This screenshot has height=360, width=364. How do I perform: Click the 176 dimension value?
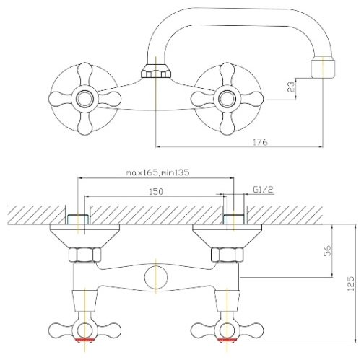(260, 142)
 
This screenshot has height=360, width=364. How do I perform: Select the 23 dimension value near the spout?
(291, 87)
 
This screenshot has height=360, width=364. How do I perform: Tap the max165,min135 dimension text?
(158, 172)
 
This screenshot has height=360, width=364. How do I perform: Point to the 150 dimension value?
(156, 192)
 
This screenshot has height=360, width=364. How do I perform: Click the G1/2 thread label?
(264, 190)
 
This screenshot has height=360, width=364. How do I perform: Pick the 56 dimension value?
(328, 250)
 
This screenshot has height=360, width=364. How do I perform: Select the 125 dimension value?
(351, 284)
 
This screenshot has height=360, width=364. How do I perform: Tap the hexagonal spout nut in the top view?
(156, 71)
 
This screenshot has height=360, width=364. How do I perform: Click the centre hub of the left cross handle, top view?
(85, 99)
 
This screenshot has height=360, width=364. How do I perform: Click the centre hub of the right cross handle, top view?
(227, 99)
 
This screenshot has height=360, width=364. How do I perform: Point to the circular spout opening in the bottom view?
(156, 278)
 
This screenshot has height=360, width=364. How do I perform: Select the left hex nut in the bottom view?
(84, 255)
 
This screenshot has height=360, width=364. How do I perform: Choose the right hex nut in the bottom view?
(227, 255)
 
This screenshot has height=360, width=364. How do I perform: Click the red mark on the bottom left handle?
(84, 340)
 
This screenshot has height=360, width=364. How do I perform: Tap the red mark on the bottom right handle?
(227, 340)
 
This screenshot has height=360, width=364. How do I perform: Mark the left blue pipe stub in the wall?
(78, 219)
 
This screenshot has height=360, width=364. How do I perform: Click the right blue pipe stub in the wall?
(233, 219)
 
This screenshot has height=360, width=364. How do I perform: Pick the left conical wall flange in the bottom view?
(84, 236)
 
